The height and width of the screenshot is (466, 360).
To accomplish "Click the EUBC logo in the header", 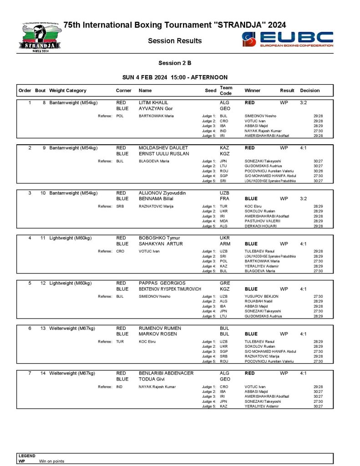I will pos(288,40).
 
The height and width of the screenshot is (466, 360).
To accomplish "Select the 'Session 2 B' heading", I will pos(175,63).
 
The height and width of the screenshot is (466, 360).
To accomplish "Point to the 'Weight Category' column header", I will pos(68,91).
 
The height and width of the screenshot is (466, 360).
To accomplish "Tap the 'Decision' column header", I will pos(310,91).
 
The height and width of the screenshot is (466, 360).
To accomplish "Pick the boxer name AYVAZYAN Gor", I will pos(152,109).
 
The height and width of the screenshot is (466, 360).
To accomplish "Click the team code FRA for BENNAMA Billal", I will pos(224,199).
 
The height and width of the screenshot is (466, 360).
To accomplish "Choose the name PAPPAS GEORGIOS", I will pos(162,283).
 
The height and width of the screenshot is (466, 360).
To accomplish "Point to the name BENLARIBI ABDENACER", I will pos(166,373).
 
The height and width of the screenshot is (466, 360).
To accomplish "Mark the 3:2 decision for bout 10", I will pos(304,199).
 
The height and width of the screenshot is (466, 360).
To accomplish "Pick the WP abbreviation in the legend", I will pos(22,461).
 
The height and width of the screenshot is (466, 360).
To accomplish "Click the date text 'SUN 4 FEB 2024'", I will pos(145,77).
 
